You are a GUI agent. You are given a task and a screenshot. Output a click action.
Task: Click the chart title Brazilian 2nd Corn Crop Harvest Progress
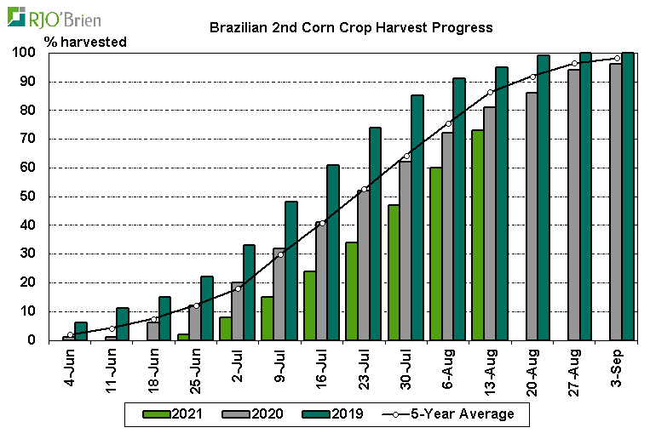click(351, 27)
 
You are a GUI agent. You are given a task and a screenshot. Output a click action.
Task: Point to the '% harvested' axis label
click(84, 42)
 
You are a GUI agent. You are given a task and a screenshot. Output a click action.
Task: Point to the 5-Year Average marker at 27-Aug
click(575, 64)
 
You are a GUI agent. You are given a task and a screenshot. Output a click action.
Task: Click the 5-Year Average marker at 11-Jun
click(112, 328)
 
